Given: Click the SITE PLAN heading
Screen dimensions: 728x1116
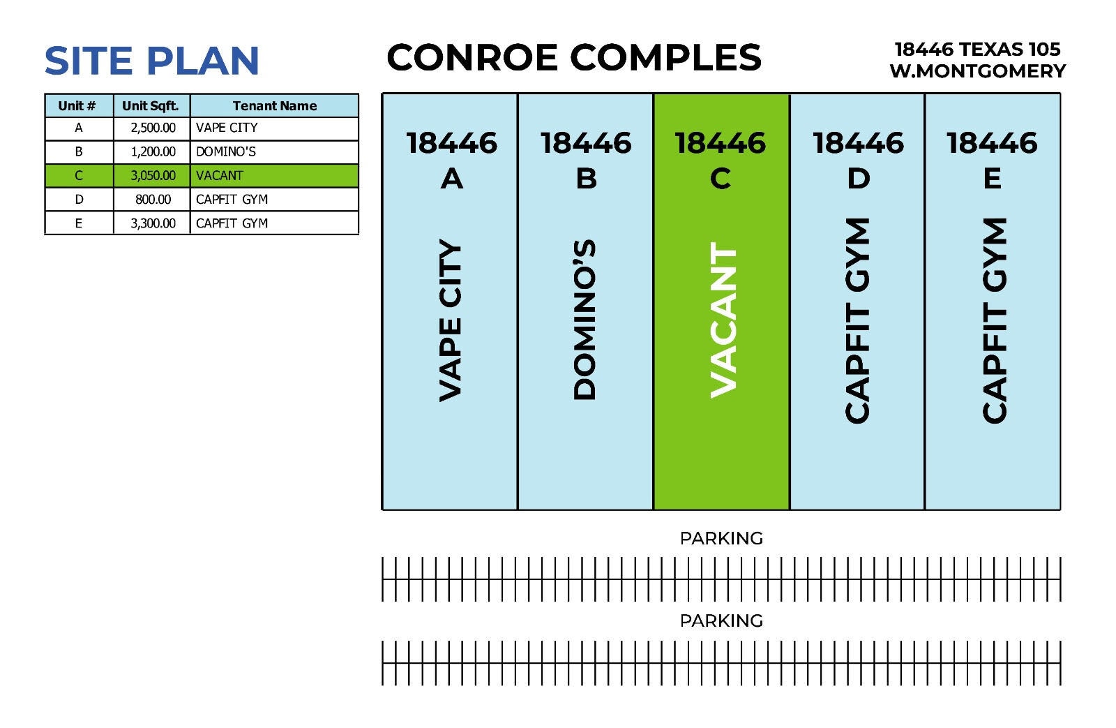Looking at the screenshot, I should pos(151,61).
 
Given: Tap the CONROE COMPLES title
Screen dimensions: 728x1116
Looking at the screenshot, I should pos(573,57).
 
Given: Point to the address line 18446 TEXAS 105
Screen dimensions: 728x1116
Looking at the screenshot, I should pos(977,49).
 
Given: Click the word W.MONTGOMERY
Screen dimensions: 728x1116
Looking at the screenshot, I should pos(977,71).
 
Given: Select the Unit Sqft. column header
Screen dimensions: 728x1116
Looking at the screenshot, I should pos(151,106).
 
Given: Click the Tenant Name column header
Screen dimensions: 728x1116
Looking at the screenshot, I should pos(274,106).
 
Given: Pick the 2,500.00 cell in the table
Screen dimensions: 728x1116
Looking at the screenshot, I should pos(153,128).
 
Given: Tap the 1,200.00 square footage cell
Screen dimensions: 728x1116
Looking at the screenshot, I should pos(153,152).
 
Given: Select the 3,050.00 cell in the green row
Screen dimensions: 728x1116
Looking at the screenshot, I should pos(153,176).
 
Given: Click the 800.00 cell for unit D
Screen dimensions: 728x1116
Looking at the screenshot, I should pos(153,200).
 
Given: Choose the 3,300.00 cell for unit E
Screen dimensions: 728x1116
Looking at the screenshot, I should pos(153,223).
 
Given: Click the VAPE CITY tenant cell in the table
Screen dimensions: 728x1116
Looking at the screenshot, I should pos(227,128).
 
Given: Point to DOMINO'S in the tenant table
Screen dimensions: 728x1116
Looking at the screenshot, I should pos(226,152).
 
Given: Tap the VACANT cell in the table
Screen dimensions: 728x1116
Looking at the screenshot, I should pos(220,176).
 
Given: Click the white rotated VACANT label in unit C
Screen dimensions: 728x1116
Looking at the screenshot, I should pos(723,320).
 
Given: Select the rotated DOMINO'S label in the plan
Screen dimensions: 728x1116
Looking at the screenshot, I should pos(585,320).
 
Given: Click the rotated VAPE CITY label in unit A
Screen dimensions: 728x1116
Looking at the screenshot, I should pos(451,321).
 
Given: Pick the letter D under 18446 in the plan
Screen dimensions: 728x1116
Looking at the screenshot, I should pos(858,179).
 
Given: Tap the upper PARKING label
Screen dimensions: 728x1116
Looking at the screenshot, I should pos(721,538).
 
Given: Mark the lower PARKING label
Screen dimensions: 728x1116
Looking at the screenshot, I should pos(721,621).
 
